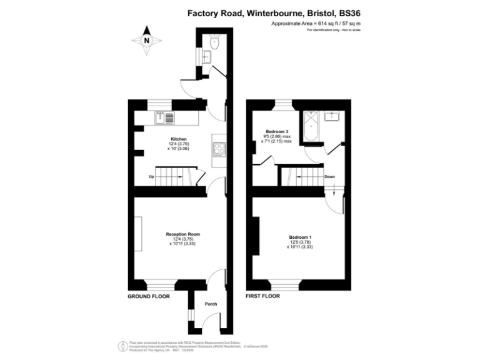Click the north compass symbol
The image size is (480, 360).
[x=147, y=41]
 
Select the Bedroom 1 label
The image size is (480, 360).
[x=300, y=237]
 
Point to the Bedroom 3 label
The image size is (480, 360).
[x=278, y=132]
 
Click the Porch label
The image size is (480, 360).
[x=211, y=304]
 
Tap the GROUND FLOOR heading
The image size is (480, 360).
[x=149, y=296]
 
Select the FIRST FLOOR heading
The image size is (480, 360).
[x=262, y=296]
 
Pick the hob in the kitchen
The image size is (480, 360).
[x=219, y=148]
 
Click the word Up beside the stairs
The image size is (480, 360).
[x=151, y=177]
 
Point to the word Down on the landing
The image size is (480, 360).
[x=330, y=177]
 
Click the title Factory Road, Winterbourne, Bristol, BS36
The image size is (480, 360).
[x=275, y=12]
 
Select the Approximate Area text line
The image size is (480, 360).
[x=316, y=23]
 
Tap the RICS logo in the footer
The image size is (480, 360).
[x=122, y=345]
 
